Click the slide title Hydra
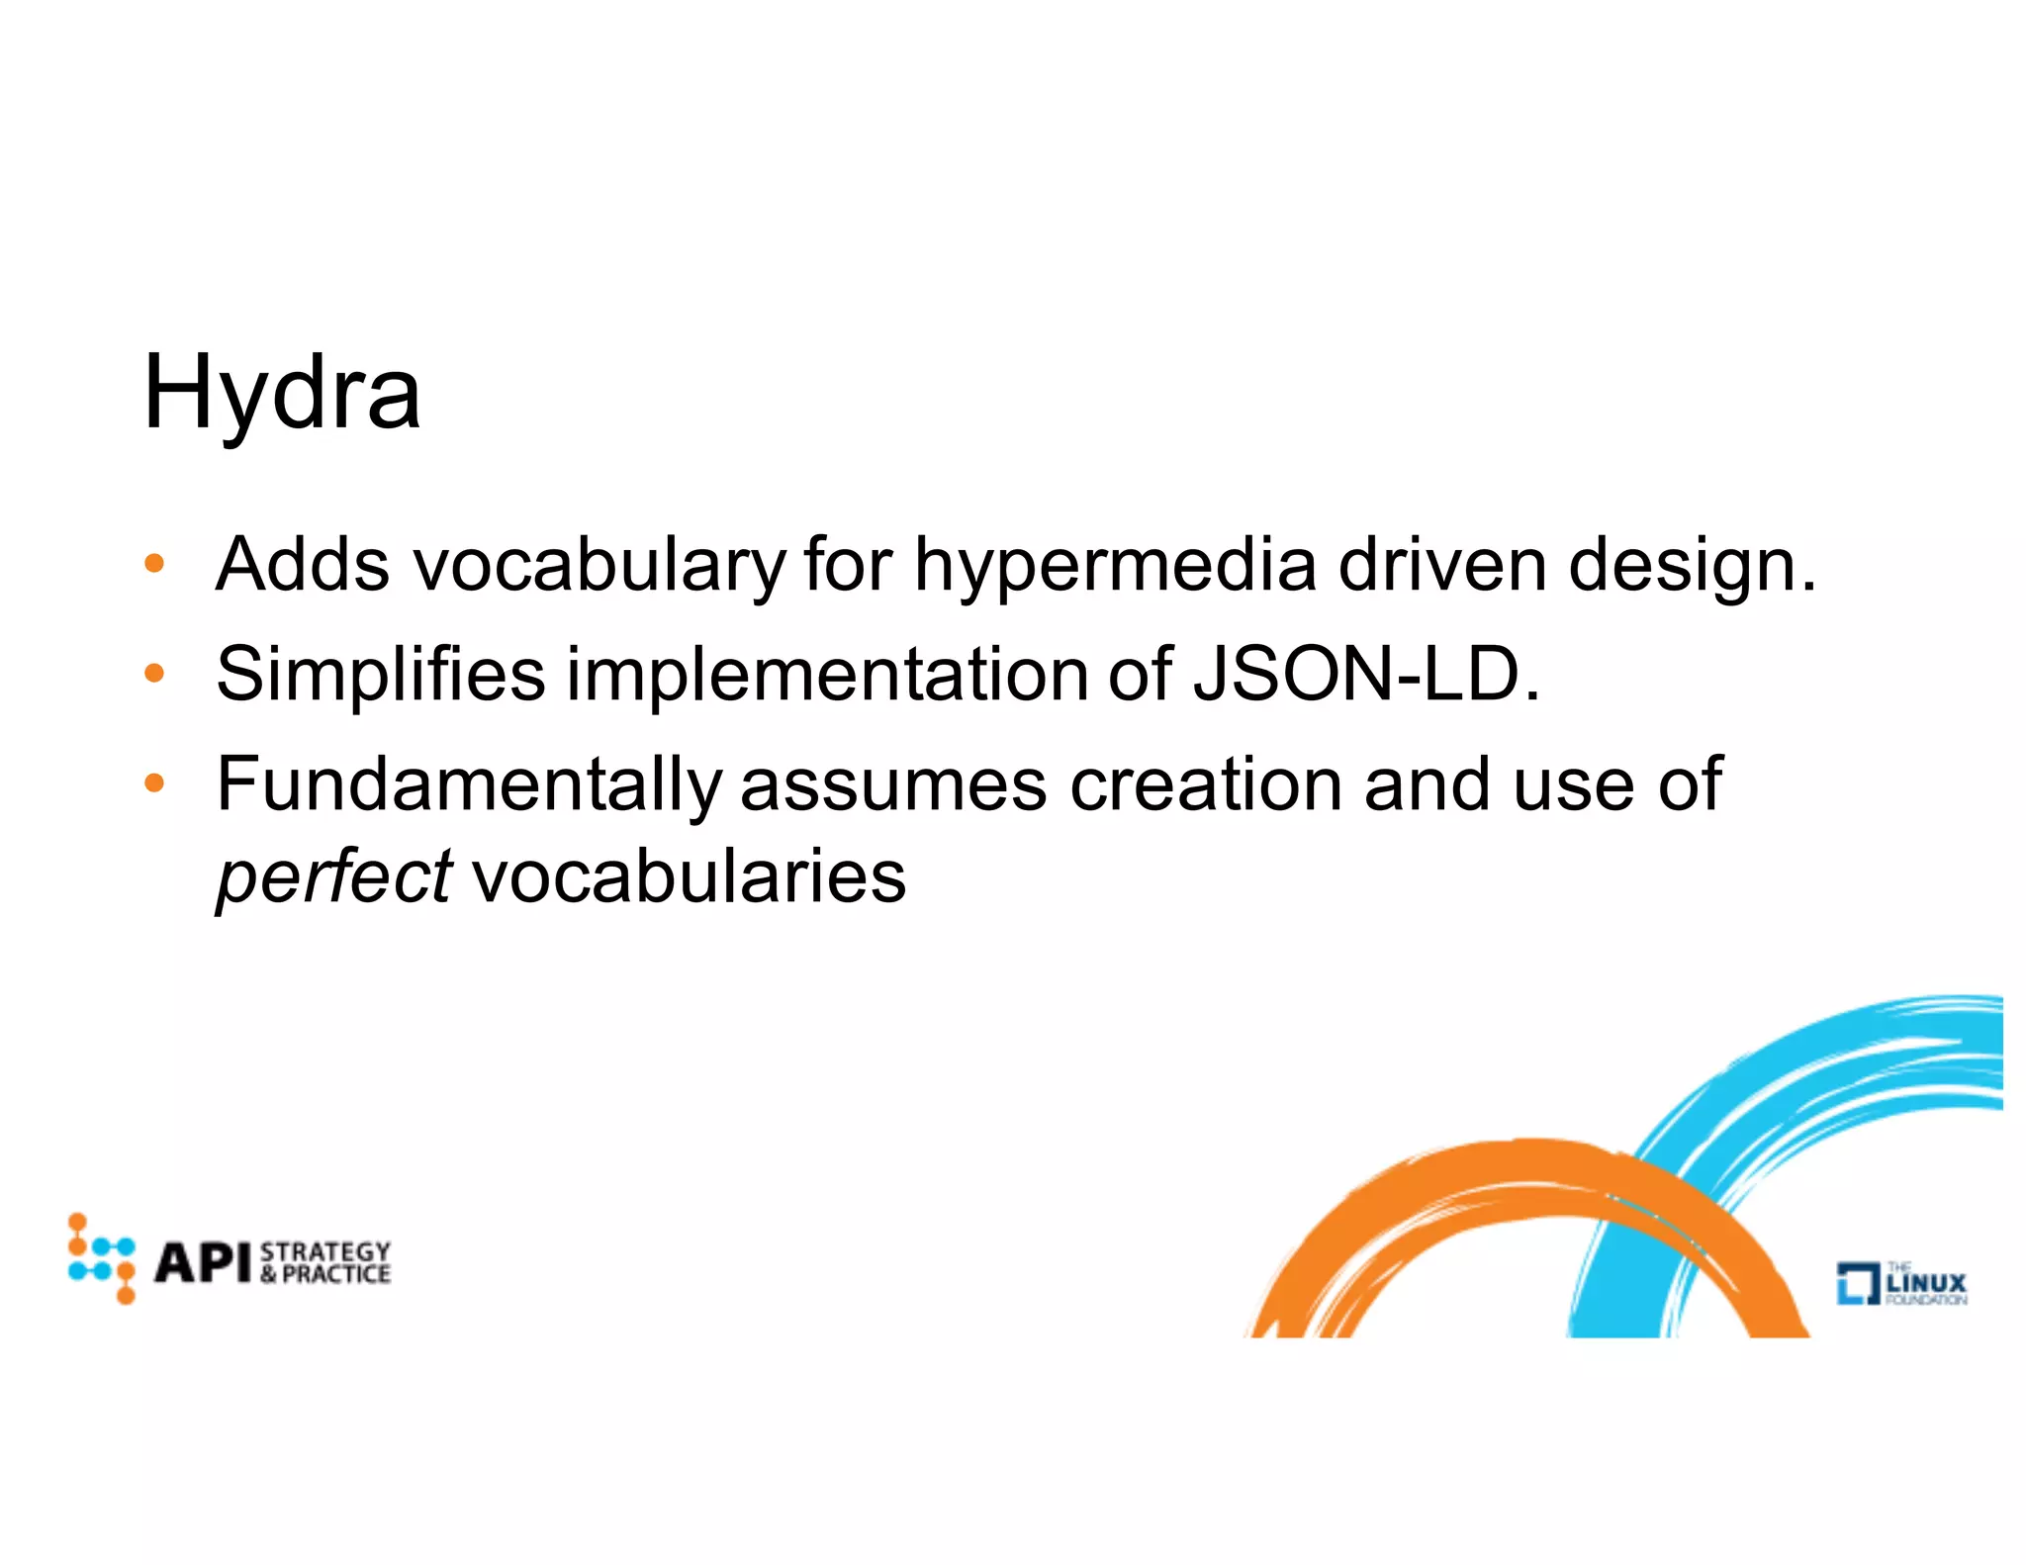point(282,393)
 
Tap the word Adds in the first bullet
point(303,565)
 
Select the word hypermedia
point(1115,567)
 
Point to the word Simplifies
point(381,675)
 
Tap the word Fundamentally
point(469,785)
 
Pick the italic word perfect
point(334,877)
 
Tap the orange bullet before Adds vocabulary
point(153,565)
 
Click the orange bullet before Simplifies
point(153,675)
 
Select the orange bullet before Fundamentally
point(153,784)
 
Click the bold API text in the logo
point(204,1262)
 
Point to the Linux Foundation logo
point(1901,1283)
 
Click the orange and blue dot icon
point(101,1258)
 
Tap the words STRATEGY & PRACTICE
point(325,1262)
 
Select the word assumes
point(893,785)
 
